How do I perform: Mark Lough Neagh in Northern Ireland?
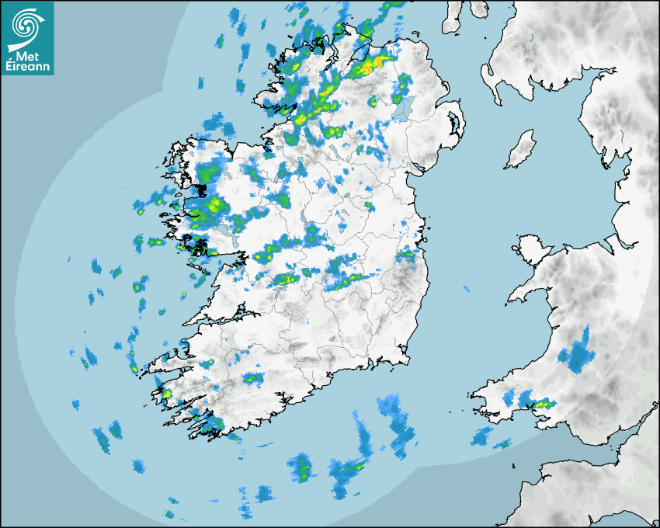[x=401, y=109]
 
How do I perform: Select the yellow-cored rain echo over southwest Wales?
[x=542, y=403]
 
